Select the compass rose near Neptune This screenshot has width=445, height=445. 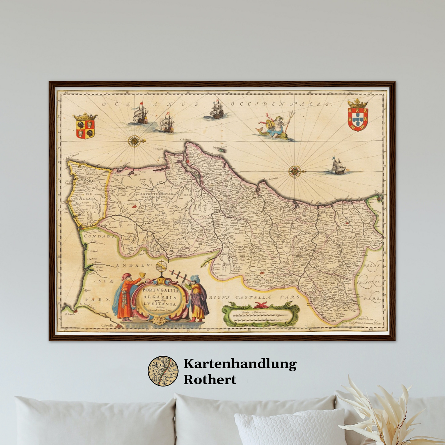pos(294,171)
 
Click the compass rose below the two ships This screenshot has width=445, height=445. pos(134,141)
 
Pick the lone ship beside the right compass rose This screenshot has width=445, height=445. pos(338,167)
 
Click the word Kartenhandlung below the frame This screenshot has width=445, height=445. pos(240,364)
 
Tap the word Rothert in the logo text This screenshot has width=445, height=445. pos(210,379)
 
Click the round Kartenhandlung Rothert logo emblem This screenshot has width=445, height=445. pos(163,371)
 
